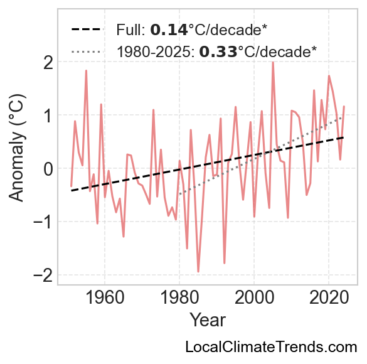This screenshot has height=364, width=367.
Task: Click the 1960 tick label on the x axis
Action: click(105, 297)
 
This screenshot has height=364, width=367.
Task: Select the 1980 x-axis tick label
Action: click(179, 297)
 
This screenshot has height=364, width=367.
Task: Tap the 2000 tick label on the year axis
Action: click(254, 297)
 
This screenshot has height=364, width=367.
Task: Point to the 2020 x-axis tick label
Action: click(329, 297)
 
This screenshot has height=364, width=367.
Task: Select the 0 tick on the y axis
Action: click(48, 168)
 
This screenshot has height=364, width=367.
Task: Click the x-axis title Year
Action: click(208, 319)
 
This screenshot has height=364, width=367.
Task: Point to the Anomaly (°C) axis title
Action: click(16, 148)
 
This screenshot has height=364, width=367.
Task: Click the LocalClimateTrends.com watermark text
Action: click(271, 347)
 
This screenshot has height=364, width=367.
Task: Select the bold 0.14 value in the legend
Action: click(169, 30)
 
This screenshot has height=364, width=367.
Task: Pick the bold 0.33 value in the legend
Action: click(218, 51)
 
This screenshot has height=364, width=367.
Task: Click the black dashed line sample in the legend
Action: click(87, 29)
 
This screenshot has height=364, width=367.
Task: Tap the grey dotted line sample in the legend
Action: click(87, 51)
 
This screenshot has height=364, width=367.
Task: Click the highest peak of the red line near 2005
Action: click(273, 62)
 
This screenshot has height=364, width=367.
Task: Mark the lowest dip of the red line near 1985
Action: click(198, 272)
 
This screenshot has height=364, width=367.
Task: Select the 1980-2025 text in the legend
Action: click(156, 51)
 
